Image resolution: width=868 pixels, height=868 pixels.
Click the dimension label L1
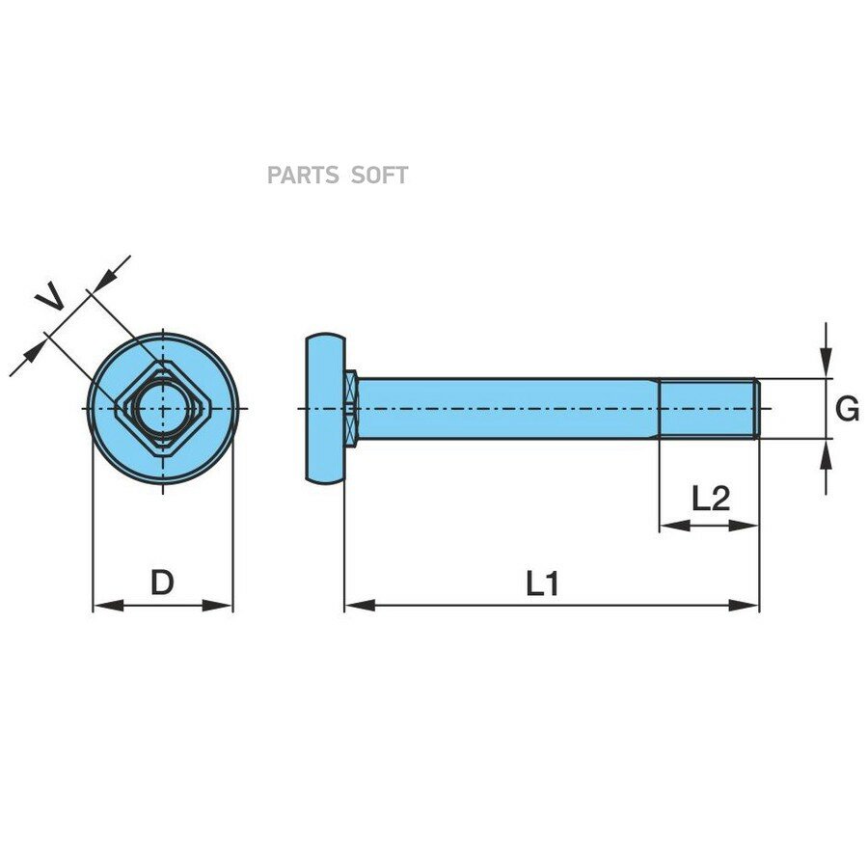tap(542, 584)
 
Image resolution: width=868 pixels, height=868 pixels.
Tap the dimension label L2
tap(711, 499)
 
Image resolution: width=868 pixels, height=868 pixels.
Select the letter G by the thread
tap(847, 409)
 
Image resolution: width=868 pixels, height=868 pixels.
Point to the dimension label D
tap(162, 583)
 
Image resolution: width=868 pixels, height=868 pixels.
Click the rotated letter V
tap(49, 296)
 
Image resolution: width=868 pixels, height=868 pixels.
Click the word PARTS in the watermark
tap(303, 176)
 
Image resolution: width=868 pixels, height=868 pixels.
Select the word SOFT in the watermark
tap(380, 176)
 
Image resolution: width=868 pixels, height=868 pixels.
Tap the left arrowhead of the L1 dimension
tap(360, 605)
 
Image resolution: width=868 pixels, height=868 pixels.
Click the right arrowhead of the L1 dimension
tap(744, 605)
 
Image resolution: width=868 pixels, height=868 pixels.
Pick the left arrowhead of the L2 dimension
tap(675, 526)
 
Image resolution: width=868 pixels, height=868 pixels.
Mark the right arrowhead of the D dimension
tap(217, 605)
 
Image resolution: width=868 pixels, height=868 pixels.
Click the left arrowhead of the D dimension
tap(108, 605)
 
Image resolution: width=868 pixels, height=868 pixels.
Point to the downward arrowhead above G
tap(826, 363)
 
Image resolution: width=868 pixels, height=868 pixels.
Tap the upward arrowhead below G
tap(826, 454)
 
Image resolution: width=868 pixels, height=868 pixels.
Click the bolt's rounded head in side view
tap(326, 409)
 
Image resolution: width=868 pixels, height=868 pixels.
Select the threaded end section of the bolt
tap(709, 409)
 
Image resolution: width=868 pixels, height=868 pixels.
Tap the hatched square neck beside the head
tap(351, 409)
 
